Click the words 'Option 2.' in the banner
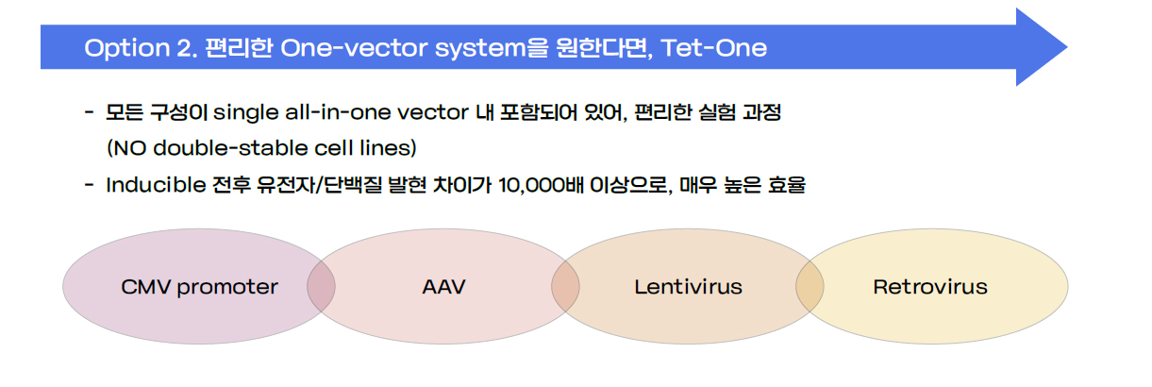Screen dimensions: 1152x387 (x=141, y=48)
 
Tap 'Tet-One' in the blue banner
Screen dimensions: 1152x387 (x=714, y=48)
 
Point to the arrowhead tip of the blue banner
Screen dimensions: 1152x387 (x=1067, y=47)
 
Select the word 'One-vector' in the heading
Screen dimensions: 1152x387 (x=354, y=48)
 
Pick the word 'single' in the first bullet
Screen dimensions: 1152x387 (x=246, y=112)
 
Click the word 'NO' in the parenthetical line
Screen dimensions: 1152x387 (x=129, y=148)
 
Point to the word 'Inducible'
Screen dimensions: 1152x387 (x=156, y=185)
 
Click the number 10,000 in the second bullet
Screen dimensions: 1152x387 (x=532, y=185)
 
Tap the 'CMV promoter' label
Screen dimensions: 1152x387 (x=199, y=287)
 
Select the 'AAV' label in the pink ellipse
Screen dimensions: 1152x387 (x=443, y=287)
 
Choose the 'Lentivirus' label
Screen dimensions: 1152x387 (x=688, y=287)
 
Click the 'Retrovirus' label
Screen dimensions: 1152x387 (x=930, y=287)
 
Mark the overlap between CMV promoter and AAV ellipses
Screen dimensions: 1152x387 (x=321, y=287)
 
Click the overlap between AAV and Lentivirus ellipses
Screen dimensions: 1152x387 (x=565, y=287)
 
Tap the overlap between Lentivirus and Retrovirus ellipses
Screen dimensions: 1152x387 (x=810, y=287)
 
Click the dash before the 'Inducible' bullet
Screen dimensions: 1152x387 (x=89, y=185)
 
